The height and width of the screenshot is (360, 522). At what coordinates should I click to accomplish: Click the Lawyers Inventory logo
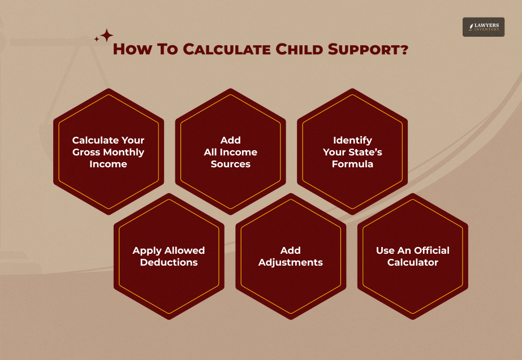[483, 27]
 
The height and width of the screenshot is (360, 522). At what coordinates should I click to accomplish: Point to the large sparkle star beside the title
[106, 35]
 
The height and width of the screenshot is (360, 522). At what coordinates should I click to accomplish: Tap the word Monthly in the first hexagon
[123, 152]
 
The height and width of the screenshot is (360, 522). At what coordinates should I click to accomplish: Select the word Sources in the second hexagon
[231, 164]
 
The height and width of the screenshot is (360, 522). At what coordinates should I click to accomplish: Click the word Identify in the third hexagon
[352, 140]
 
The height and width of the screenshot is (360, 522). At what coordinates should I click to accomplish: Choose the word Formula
[352, 164]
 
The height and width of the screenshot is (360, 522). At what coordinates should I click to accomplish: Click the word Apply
[146, 250]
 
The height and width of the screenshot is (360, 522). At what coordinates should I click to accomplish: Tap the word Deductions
[169, 262]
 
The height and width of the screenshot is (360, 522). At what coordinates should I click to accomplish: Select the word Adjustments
[291, 262]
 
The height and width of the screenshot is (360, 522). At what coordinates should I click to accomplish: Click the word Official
[432, 250]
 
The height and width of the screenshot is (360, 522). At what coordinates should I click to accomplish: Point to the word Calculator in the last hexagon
[413, 262]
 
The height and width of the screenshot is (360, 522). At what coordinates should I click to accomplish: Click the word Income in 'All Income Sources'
[238, 152]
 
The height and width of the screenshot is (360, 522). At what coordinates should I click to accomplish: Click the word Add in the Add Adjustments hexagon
[291, 250]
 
